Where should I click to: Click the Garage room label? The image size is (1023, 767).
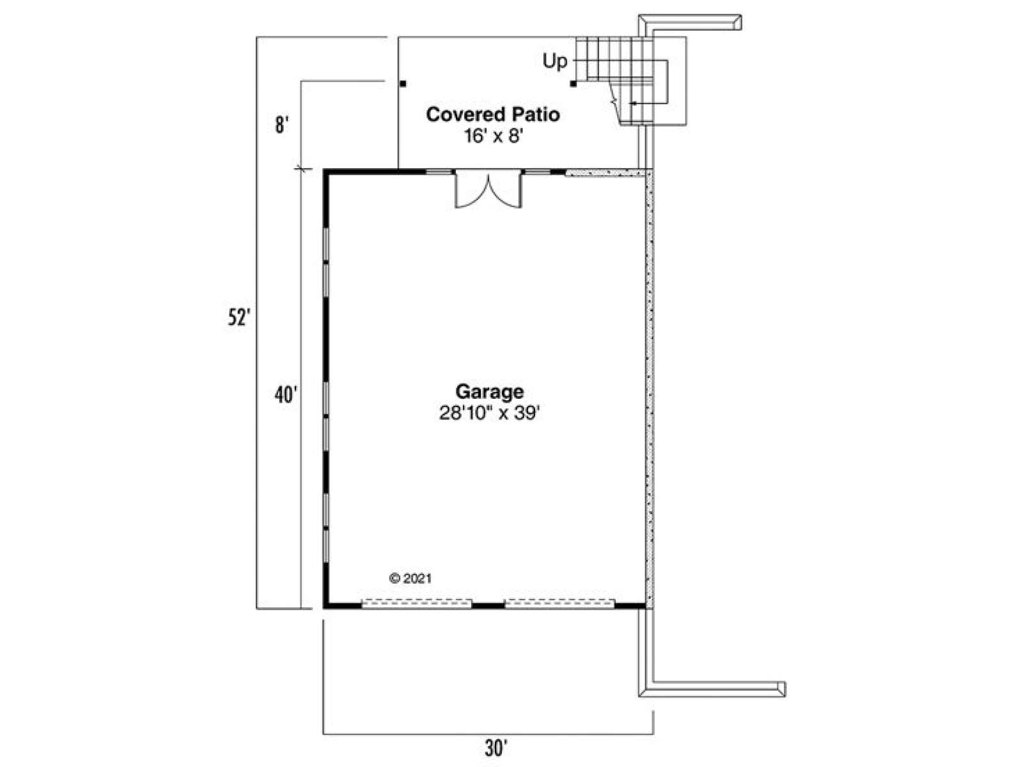(489, 392)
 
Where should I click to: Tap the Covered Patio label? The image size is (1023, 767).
(492, 114)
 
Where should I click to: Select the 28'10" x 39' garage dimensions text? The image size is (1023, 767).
(489, 413)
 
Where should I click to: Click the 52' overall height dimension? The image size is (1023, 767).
(239, 318)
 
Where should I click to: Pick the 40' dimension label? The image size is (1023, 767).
(285, 395)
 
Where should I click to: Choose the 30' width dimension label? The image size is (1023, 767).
(496, 748)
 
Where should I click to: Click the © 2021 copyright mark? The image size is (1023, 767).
(410, 578)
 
